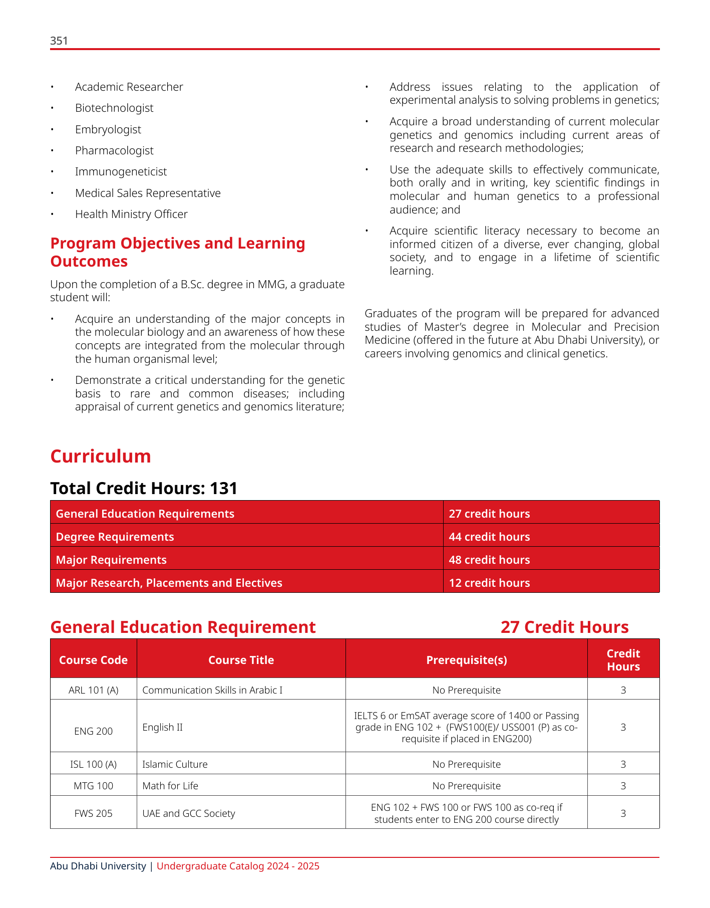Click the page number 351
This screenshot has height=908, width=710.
[59, 41]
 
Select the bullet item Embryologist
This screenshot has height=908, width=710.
[108, 130]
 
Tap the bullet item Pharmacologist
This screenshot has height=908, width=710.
[114, 151]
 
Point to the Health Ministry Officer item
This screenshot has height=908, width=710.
[131, 214]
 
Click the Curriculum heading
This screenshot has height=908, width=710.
[101, 457]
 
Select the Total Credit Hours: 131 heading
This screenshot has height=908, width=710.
[144, 488]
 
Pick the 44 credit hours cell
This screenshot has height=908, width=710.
[489, 537]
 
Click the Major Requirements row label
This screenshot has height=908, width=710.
[111, 560]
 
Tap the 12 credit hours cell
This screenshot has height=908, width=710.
[489, 583]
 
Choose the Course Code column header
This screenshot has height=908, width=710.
[93, 660]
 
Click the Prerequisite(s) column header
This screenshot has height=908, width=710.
[466, 660]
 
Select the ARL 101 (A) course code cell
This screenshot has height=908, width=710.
[93, 691]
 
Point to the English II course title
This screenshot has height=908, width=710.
[162, 727]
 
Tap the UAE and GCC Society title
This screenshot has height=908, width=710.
[188, 814]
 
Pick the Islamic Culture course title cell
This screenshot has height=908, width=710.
[175, 765]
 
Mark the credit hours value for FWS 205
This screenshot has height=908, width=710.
[623, 814]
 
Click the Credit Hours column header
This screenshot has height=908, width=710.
[623, 660]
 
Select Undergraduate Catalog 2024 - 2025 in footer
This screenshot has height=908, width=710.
[238, 866]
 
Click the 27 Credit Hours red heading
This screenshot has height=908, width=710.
[564, 627]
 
